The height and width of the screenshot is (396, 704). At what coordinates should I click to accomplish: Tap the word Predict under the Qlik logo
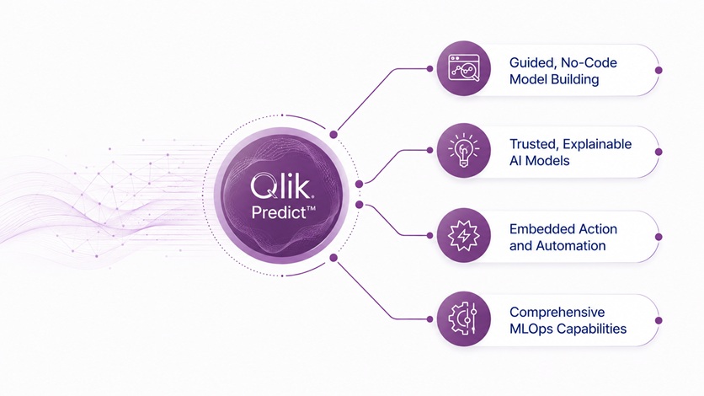pyautogui.click(x=279, y=212)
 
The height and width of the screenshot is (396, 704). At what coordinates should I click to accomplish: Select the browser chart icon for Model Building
pyautogui.click(x=464, y=68)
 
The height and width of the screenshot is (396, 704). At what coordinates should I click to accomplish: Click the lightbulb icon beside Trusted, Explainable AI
pyautogui.click(x=464, y=151)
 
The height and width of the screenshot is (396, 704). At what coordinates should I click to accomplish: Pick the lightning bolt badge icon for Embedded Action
pyautogui.click(x=464, y=235)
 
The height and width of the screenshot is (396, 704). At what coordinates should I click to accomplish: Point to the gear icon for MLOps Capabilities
pyautogui.click(x=462, y=319)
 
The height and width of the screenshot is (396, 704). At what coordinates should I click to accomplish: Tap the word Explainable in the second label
pyautogui.click(x=597, y=144)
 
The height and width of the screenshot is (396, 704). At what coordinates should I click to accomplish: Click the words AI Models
pyautogui.click(x=539, y=161)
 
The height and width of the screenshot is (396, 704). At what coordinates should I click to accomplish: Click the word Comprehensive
pyautogui.click(x=557, y=313)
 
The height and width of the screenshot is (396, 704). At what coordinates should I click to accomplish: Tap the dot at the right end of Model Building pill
pyautogui.click(x=659, y=70)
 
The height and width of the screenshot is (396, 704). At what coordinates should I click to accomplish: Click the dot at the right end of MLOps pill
pyautogui.click(x=659, y=320)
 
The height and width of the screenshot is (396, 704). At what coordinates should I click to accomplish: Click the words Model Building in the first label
pyautogui.click(x=554, y=79)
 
